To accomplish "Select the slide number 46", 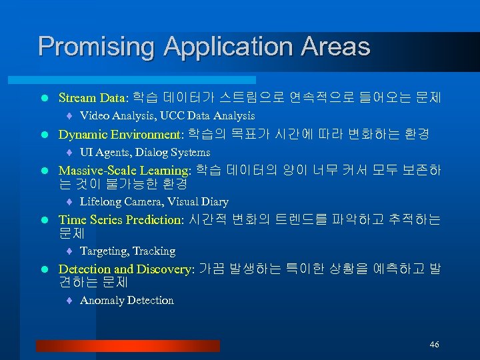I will tap(435, 345).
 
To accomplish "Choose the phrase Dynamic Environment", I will tap(121, 134).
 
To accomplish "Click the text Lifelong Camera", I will tap(121, 202).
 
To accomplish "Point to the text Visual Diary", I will tap(198, 202).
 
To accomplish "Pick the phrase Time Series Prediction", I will tap(120, 220).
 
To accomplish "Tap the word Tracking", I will tap(154, 251).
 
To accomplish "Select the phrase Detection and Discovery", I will tap(126, 269).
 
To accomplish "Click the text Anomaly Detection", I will tap(127, 301).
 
